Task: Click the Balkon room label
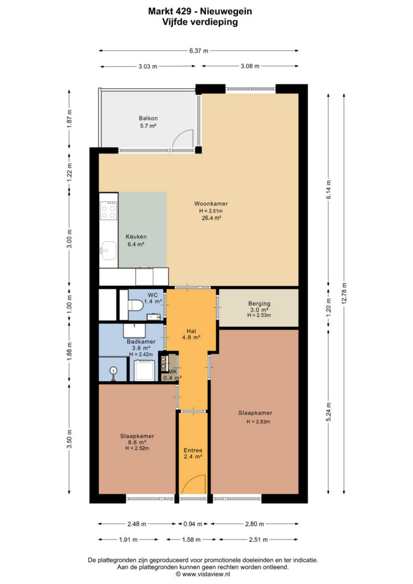[x=148, y=118]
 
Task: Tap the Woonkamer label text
[x=211, y=204]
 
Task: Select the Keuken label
[x=136, y=237]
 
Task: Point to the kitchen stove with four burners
[x=109, y=210]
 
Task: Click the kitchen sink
[x=108, y=250]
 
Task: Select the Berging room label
[x=259, y=303]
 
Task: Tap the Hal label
[x=192, y=331]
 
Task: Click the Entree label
[x=193, y=451]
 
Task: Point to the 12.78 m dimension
[x=344, y=293]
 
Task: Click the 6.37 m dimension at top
[x=199, y=51]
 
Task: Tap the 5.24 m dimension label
[x=329, y=412]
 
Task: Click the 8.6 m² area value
[x=137, y=443]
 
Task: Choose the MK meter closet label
[x=172, y=372]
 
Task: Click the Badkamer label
[x=141, y=342]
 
